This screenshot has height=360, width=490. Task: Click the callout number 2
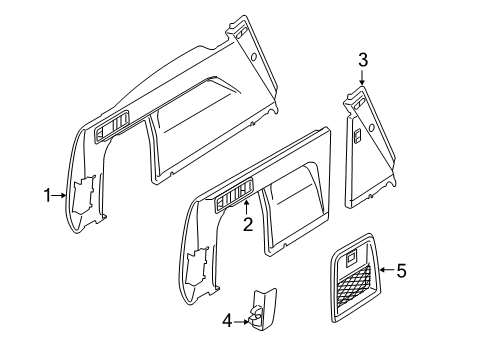point(247,225)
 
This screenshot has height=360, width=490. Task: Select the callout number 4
point(226,322)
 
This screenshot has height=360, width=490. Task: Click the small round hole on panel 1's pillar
point(254,58)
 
